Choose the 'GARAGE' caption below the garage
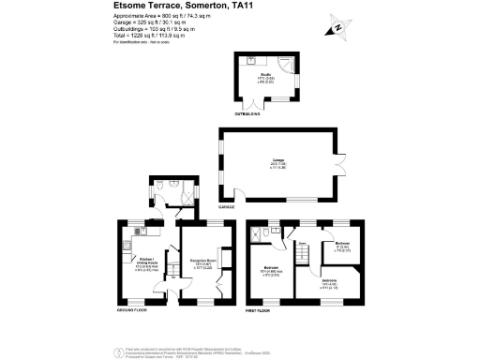tap(226, 204)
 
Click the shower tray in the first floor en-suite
tap(267, 232)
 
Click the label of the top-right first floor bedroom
tap(342, 248)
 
